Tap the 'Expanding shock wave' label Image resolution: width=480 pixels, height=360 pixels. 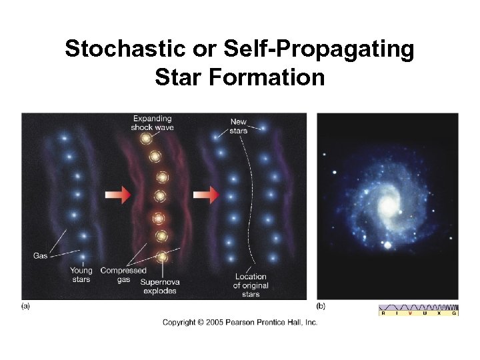[152, 123]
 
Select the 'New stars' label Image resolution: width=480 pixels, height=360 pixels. [238, 126]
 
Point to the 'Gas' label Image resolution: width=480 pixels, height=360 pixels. [40, 256]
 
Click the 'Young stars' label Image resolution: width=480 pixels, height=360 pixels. [81, 275]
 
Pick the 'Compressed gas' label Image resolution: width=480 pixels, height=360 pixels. [123, 275]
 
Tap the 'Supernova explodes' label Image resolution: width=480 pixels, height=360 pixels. [160, 286]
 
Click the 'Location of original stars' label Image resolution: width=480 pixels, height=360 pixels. [250, 285]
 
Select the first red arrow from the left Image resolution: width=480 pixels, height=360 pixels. [117, 195]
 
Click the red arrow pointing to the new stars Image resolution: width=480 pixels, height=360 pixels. [206, 195]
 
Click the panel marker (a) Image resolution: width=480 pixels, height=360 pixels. [26, 307]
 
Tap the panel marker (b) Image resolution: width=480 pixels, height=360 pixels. [321, 307]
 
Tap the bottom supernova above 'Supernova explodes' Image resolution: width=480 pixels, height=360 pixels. [161, 256]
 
